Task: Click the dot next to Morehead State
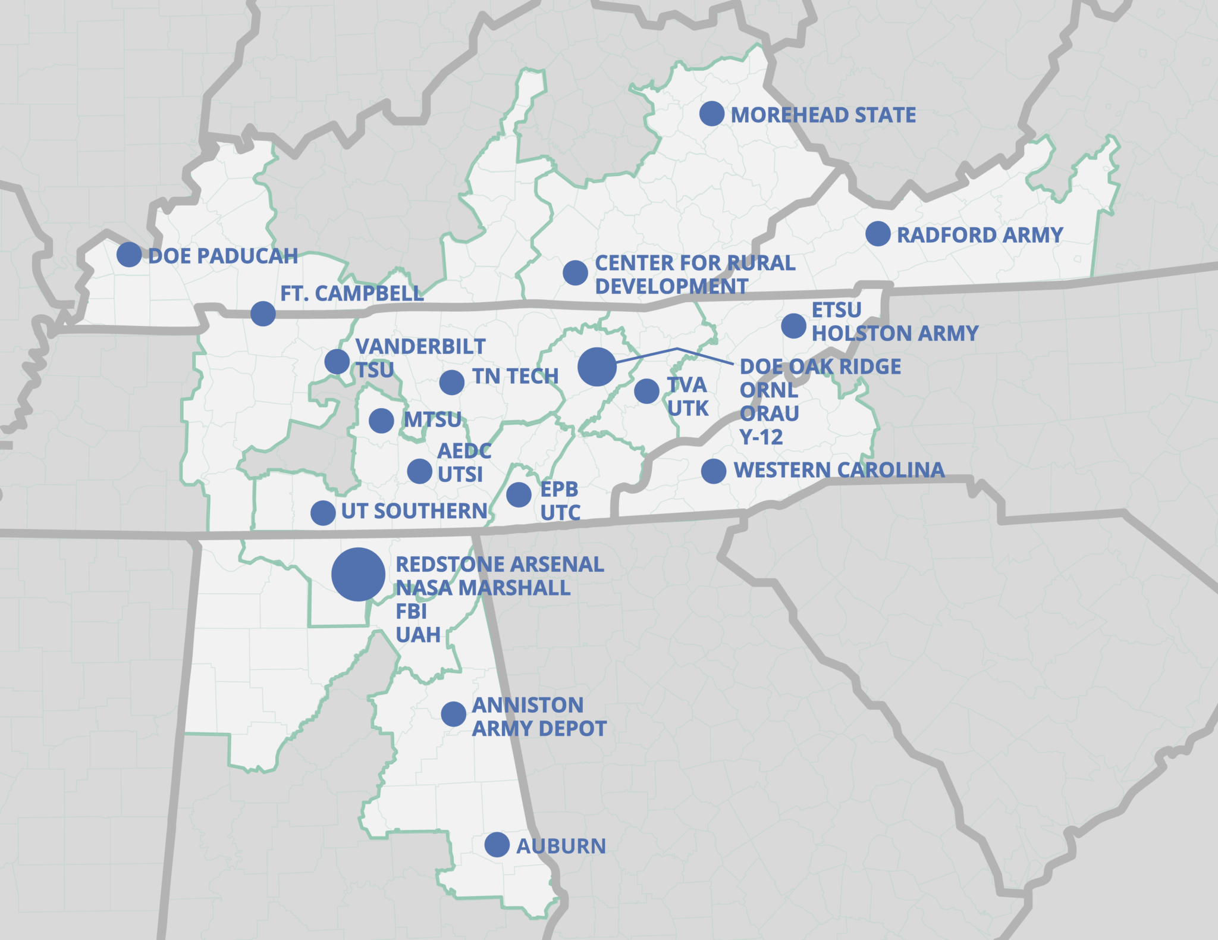pos(711,113)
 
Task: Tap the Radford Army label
pos(980,235)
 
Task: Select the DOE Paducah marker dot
pos(129,255)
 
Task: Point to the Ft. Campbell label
pos(351,293)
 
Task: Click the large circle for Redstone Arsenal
pos(358,575)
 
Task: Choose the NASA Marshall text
pos(483,588)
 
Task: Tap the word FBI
pos(412,612)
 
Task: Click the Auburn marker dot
pos(497,845)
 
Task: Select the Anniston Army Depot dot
pos(453,713)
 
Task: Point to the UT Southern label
pos(414,511)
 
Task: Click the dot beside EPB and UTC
pos(519,494)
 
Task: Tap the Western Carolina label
pos(839,470)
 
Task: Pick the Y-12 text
pos(761,437)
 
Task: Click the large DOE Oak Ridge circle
pos(597,367)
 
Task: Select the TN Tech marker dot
pos(452,382)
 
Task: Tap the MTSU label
pos(432,420)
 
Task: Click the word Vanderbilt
pos(420,346)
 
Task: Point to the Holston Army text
pos(895,333)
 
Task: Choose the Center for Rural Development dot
pos(575,272)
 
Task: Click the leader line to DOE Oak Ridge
pos(677,349)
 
